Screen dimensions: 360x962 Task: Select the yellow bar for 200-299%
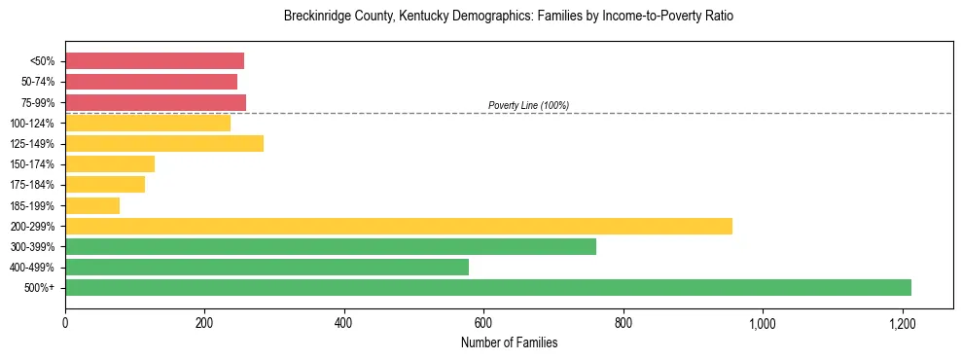[399, 226]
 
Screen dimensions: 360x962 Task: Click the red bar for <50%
[155, 60]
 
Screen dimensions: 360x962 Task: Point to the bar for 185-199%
[92, 205]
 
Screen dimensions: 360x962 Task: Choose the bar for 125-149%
[164, 144]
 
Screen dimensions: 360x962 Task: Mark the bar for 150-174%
[110, 163]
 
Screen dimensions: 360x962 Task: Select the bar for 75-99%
[156, 102]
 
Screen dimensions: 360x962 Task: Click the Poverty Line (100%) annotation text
[528, 105]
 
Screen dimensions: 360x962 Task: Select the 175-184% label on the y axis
[32, 185]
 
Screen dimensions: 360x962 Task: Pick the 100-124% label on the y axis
[32, 124]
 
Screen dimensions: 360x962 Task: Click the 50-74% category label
[36, 82]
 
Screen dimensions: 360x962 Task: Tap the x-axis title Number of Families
[509, 342]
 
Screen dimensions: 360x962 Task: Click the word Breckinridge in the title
[316, 17]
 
